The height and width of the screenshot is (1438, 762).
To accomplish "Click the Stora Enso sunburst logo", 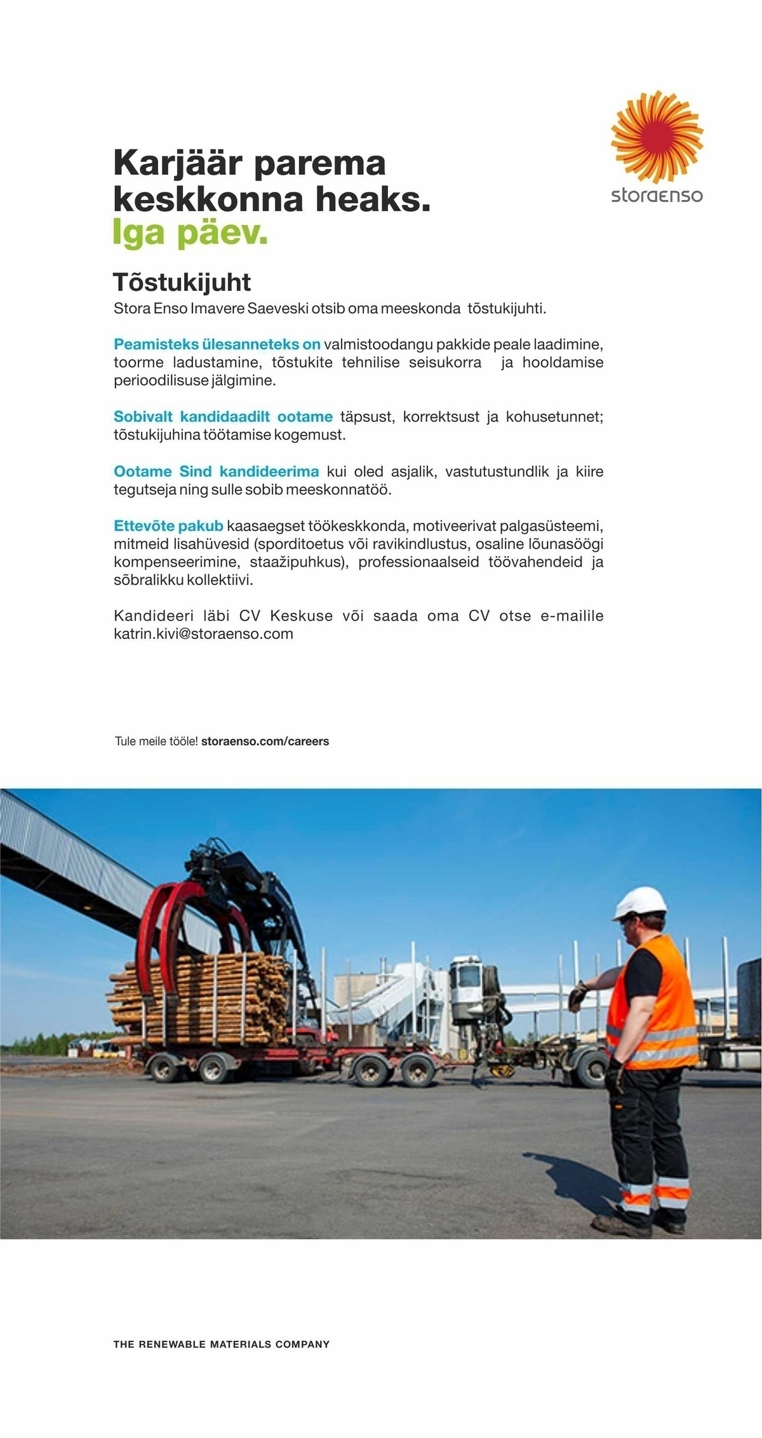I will coord(657,137).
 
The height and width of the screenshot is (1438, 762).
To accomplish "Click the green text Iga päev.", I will coord(190,233).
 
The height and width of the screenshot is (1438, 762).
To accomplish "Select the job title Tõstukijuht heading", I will coord(182,282).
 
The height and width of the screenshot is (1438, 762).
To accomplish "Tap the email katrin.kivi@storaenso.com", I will coord(203,634).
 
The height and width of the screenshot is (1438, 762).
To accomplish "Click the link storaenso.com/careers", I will coord(265,741).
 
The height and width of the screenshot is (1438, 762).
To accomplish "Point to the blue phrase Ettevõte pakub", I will coord(168,526).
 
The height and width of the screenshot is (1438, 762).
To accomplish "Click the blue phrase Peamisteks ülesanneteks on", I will coord(217,344).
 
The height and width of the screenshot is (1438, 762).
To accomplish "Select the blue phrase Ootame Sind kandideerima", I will coord(216,471).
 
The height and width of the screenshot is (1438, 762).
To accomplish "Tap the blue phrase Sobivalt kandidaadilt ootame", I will coord(223,417).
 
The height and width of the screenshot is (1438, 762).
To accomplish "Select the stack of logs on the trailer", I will coord(197,997).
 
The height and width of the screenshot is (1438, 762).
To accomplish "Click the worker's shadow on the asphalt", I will coord(571,1181).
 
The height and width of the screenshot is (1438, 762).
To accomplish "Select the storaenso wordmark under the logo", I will coord(657,194).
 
